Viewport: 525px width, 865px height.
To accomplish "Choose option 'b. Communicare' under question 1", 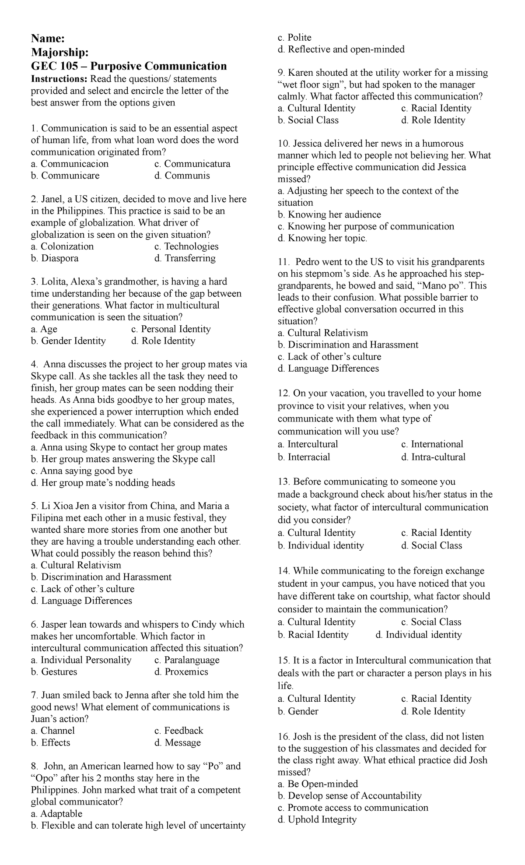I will (65, 176).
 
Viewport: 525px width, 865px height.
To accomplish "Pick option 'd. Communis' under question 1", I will (182, 176).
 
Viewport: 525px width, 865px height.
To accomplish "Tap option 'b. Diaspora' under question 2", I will (55, 258).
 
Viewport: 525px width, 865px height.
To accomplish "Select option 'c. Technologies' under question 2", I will (186, 246).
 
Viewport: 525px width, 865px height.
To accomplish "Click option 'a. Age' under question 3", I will (44, 329).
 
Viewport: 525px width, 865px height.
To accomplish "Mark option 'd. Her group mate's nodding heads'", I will (103, 483).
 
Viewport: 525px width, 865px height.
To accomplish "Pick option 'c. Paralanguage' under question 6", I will (187, 660).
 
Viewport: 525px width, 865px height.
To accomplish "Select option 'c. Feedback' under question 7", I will (179, 731).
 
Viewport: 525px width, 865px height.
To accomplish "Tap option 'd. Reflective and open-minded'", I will (341, 49).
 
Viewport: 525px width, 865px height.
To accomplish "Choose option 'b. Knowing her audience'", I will (329, 214).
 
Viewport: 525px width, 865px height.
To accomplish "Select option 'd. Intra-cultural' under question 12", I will (433, 457).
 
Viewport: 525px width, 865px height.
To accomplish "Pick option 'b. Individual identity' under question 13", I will (321, 545).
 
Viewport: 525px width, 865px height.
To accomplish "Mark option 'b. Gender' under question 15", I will (298, 711).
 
